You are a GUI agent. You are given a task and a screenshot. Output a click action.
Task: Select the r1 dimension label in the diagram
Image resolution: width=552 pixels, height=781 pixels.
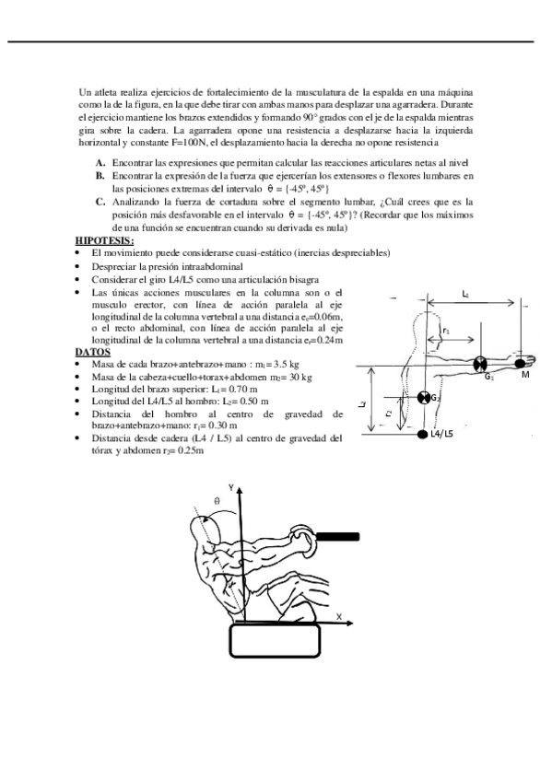446,330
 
